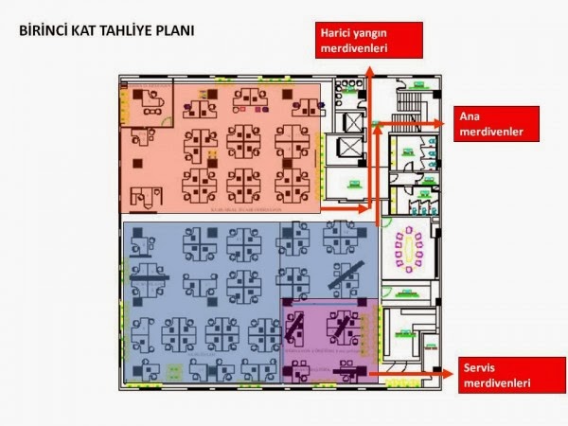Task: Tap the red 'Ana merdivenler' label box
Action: (497, 124)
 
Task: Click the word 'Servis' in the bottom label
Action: (482, 367)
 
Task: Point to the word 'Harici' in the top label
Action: (339, 34)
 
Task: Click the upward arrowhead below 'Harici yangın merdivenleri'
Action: (370, 72)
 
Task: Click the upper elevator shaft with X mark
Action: (350, 122)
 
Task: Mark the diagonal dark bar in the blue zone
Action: (344, 275)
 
